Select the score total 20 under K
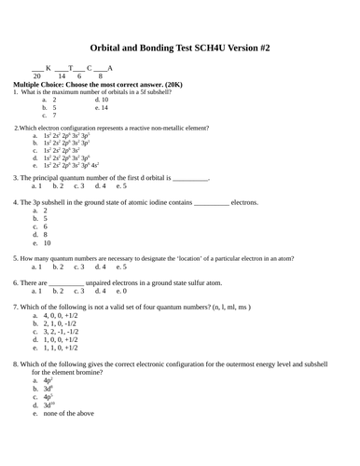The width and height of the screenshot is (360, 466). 37,75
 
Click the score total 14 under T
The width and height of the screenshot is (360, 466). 62,75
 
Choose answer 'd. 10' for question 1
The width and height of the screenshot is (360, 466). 102,100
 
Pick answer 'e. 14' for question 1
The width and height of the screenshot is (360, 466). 102,108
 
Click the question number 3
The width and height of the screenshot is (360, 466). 16,177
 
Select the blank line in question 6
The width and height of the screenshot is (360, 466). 65,282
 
